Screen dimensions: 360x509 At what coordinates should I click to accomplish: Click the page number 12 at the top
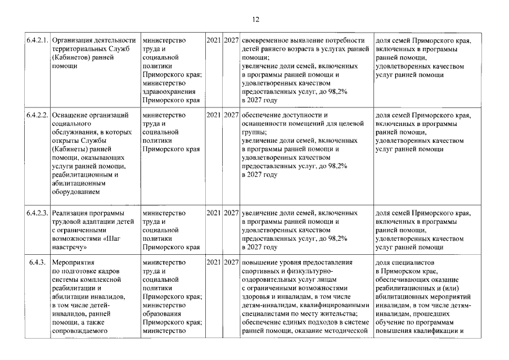click(x=255, y=20)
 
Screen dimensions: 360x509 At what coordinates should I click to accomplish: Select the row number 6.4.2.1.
click(x=38, y=40)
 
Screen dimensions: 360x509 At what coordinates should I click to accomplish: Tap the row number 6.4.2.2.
click(x=38, y=115)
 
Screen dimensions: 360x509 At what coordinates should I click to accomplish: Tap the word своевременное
click(x=266, y=40)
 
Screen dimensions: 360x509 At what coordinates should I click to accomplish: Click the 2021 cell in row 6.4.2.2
click(x=213, y=115)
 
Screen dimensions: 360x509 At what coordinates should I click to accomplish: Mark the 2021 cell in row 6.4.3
click(x=213, y=263)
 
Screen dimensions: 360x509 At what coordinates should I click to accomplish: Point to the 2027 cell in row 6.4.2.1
click(x=231, y=40)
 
